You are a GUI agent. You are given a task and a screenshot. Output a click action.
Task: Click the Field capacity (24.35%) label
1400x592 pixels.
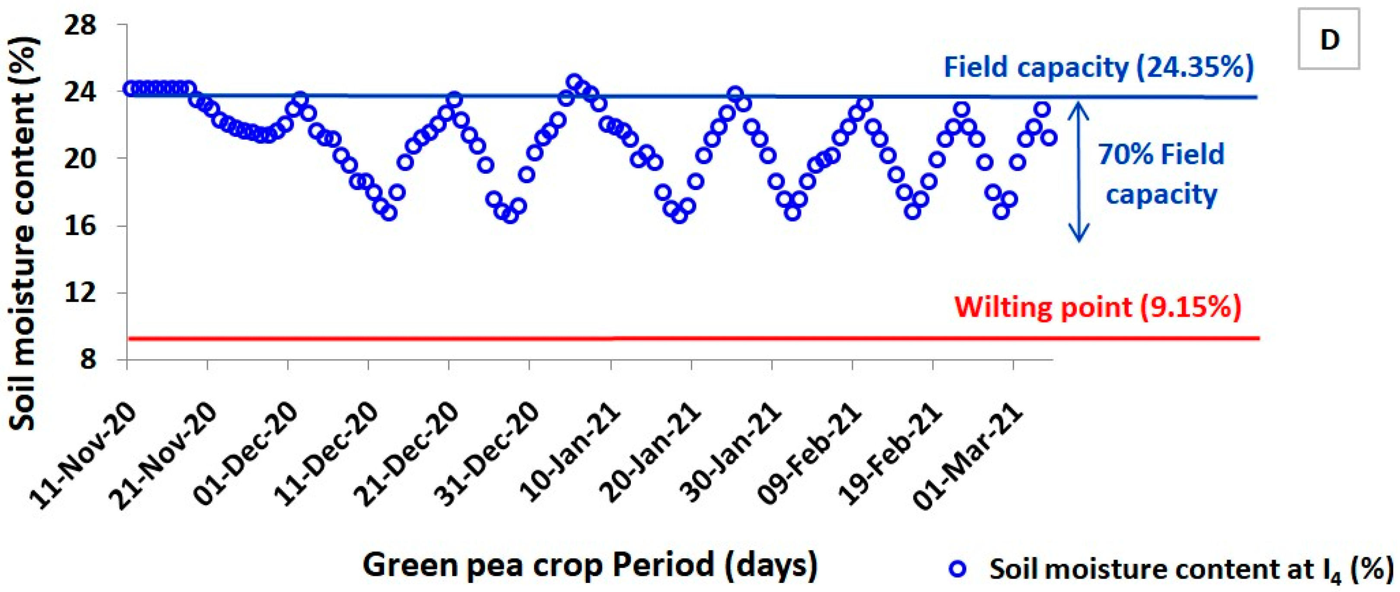1098,68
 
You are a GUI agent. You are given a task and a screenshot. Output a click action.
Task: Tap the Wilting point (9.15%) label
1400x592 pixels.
1098,307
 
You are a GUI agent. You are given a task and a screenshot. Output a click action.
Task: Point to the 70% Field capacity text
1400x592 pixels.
1161,174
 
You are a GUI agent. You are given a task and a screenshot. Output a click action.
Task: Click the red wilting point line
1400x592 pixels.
652,339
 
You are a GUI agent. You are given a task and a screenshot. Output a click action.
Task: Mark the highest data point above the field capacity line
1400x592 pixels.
574,82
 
